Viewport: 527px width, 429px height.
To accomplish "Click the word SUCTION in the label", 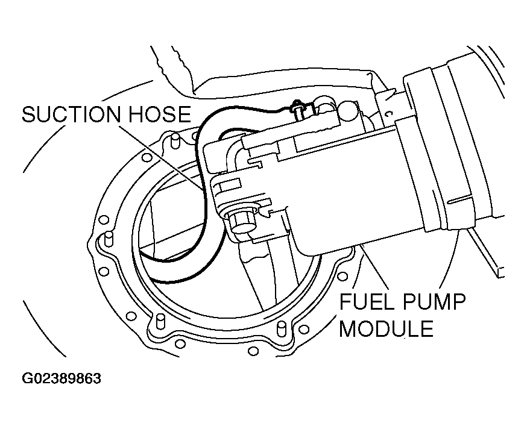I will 68,114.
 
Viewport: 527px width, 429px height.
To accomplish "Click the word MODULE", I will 386,329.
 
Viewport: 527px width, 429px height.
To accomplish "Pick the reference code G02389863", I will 62,379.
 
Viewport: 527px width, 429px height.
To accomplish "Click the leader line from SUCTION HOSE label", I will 175,157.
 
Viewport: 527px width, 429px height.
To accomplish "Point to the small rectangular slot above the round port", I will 226,184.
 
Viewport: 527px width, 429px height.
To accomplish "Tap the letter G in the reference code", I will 27,379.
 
